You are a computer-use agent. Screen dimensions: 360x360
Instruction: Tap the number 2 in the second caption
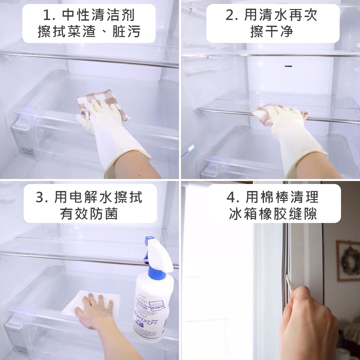click(x=230, y=16)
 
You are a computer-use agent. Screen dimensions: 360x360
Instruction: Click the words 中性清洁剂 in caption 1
click(x=98, y=16)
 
